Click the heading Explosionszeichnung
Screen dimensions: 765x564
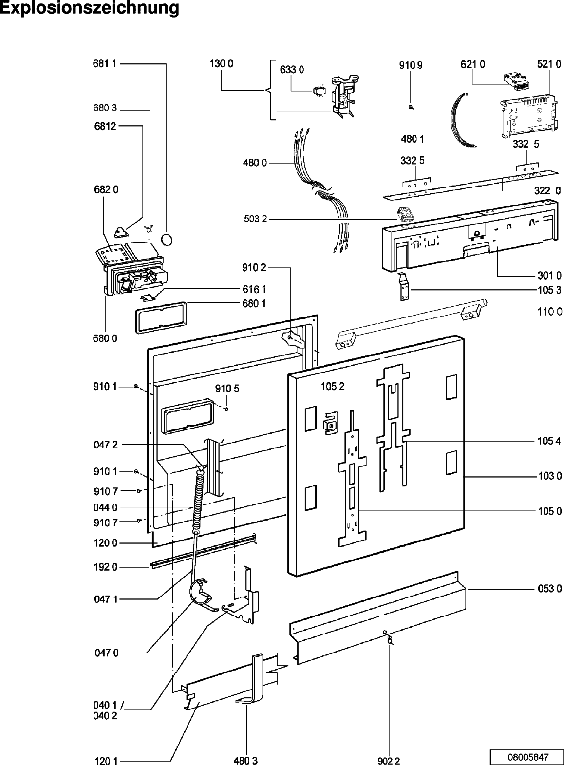click(x=90, y=9)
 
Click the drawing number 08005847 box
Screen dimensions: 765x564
click(x=526, y=757)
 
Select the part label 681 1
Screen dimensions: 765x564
click(x=105, y=64)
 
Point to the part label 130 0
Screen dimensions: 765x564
click(x=221, y=63)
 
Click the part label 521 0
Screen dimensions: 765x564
click(x=549, y=64)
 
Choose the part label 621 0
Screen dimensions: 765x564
click(x=472, y=64)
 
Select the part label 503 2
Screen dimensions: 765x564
click(x=256, y=219)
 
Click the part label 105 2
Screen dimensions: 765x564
click(x=332, y=387)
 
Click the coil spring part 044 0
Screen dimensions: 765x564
click(x=198, y=502)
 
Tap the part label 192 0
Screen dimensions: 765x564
click(x=105, y=567)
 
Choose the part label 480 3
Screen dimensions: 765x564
click(x=246, y=760)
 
